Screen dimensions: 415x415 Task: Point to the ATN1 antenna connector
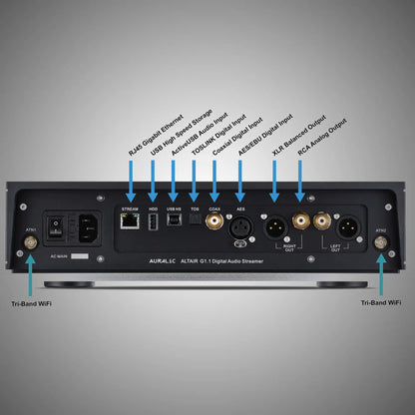click(30, 241)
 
